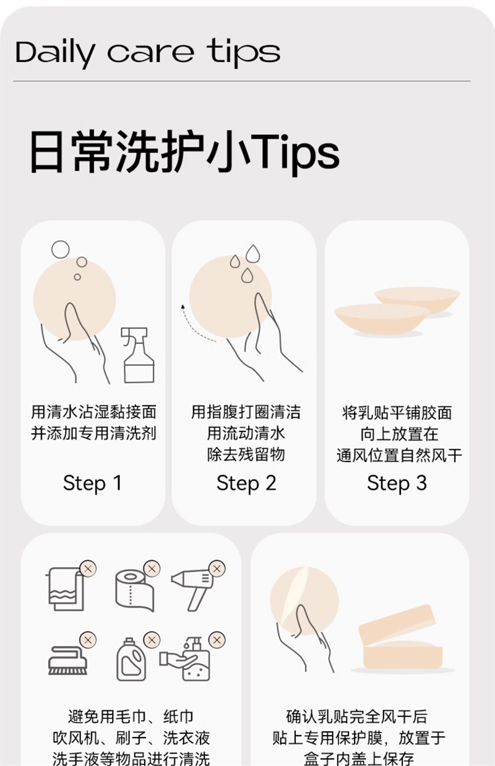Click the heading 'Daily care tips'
tap(148, 53)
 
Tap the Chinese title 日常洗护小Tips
tap(185, 152)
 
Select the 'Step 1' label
tap(92, 483)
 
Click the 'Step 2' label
tap(246, 483)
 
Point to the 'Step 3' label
tap(397, 483)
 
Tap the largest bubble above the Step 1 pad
tap(60, 249)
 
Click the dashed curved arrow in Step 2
tap(195, 327)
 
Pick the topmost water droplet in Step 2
tap(253, 254)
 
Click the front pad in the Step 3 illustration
tap(382, 318)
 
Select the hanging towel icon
tap(65, 589)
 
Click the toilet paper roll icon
tap(134, 590)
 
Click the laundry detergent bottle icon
tap(131, 659)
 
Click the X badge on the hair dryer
tap(217, 569)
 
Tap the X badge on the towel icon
tap(88, 569)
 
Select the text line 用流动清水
tap(246, 433)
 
